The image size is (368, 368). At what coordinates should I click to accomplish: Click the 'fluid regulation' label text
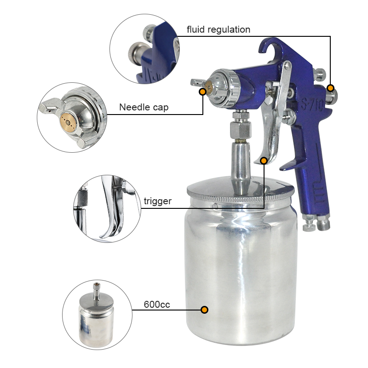(218, 30)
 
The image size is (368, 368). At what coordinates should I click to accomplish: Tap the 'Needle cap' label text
(144, 107)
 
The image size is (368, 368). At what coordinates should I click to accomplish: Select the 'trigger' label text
(157, 201)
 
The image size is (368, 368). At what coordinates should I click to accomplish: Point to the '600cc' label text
(157, 305)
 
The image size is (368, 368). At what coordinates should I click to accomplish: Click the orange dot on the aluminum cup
(204, 310)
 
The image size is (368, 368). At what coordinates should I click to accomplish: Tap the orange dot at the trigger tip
(264, 161)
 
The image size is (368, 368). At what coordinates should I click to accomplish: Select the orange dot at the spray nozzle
(202, 92)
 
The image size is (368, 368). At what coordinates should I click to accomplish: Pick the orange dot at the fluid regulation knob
(330, 88)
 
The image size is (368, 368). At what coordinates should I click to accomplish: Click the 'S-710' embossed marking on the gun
(312, 105)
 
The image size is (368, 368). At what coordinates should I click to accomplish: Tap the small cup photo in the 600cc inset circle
(96, 315)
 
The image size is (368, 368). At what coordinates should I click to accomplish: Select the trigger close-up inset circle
(107, 209)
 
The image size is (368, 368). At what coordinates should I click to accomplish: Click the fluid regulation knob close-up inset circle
(144, 49)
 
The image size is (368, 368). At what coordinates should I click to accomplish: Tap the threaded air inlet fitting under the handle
(323, 223)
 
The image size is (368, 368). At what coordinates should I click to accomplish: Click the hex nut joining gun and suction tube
(241, 130)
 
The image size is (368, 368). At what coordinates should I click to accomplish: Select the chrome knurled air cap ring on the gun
(234, 89)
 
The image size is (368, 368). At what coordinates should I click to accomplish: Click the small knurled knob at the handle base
(309, 226)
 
